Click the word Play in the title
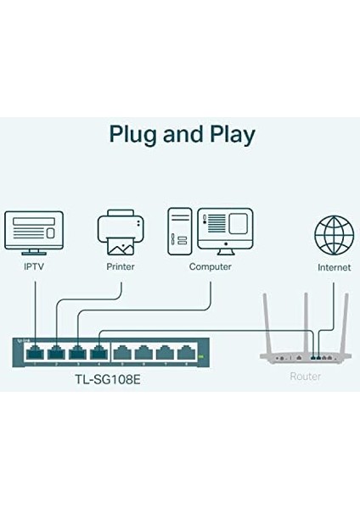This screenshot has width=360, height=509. coord(228,134)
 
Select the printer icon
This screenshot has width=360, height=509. coord(121,232)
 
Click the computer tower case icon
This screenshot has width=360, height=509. coord(179,229)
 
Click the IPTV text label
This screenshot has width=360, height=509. coord(34,266)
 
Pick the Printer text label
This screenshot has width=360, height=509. coord(121,266)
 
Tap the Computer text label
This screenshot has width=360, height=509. coord(211,266)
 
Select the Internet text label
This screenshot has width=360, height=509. coord(334,266)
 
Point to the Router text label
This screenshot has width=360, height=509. coord(306,375)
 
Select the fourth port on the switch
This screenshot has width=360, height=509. coord(99,350)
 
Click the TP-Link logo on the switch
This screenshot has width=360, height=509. coord(26,340)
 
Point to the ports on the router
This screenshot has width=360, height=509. coord(321,357)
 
